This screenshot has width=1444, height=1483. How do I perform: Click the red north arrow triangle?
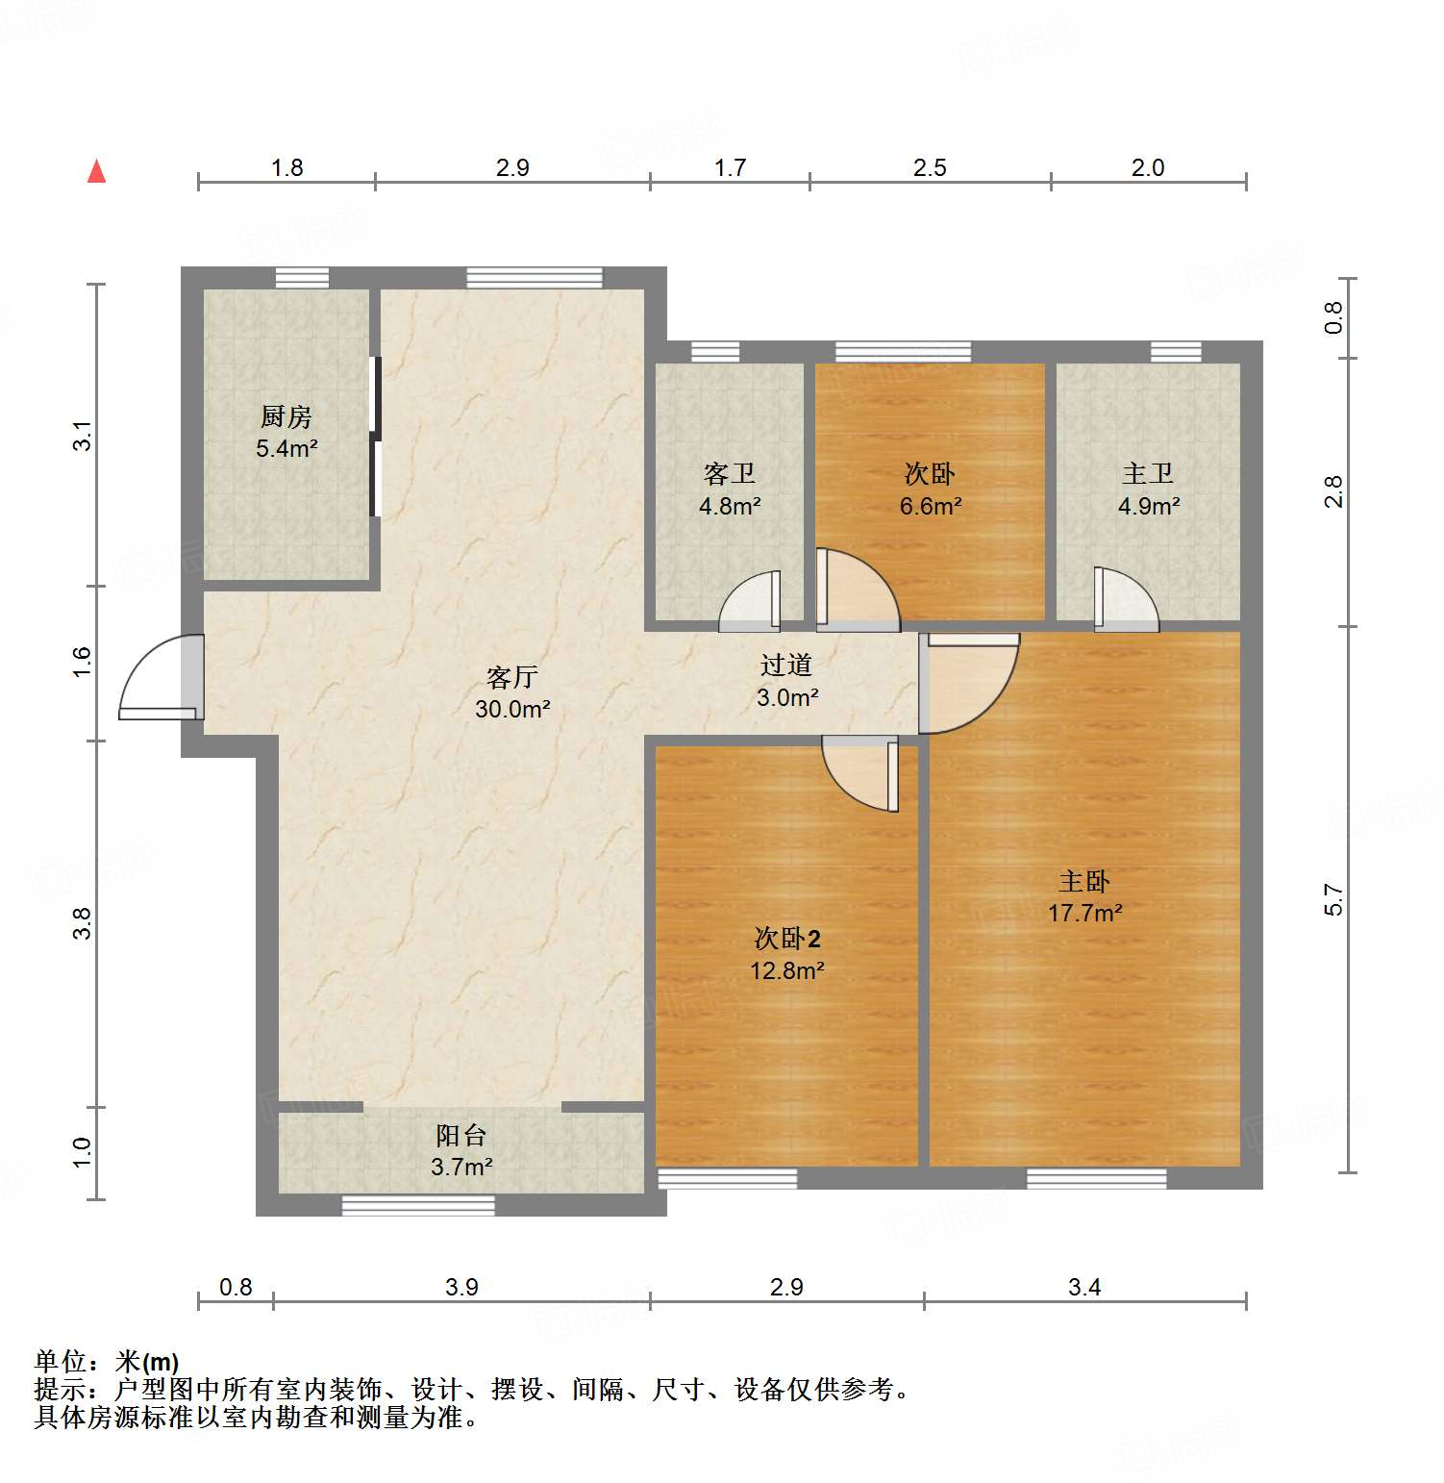pos(96,172)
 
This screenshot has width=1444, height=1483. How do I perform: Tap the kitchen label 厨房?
pos(286,417)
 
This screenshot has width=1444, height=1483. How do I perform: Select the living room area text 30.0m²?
pos(512,710)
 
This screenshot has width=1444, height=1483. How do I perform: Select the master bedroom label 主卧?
pos(1084,881)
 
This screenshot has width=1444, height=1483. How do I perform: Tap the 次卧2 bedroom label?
pos(787,939)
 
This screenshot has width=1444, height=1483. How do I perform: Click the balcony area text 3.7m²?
pos(461,1168)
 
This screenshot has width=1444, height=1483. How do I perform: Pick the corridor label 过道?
pos(786,665)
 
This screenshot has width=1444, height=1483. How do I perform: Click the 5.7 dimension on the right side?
pos(1333,900)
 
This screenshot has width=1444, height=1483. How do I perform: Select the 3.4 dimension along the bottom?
pos(1084,1287)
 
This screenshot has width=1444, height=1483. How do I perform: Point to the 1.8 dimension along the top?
pos(286,167)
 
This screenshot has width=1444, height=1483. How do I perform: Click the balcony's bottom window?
pos(418,1205)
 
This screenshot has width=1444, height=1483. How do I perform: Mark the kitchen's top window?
pos(302,278)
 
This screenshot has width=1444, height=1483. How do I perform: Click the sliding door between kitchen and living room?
pos(376,438)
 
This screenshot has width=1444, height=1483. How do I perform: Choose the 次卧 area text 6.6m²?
pos(931,506)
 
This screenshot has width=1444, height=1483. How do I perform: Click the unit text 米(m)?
pos(147,1362)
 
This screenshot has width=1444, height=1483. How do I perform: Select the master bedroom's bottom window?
pos(1096,1178)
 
